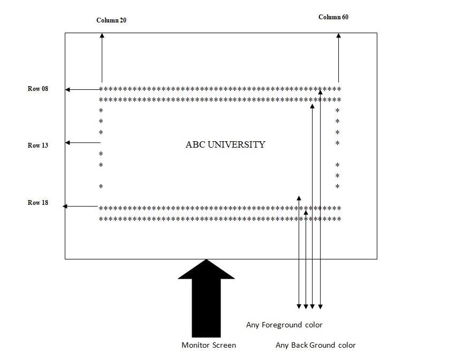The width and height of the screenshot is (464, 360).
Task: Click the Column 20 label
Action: click(x=111, y=20)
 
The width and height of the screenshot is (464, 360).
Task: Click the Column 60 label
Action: click(x=333, y=17)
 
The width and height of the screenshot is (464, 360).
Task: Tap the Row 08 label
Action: click(x=38, y=89)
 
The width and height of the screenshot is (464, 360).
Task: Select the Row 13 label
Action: click(x=38, y=145)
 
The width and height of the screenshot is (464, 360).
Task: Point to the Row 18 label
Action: click(x=38, y=203)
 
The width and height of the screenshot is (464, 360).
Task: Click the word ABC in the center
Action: click(x=195, y=144)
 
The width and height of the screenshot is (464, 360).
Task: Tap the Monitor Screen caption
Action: click(x=209, y=345)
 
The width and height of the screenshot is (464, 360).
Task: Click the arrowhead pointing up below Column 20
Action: click(x=102, y=36)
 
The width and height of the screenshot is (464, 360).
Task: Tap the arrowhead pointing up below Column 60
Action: click(x=338, y=36)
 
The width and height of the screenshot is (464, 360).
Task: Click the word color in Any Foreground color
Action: click(x=313, y=325)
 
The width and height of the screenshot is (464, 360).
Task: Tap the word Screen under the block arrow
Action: click(x=224, y=345)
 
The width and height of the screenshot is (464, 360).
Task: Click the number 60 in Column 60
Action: click(x=345, y=17)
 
